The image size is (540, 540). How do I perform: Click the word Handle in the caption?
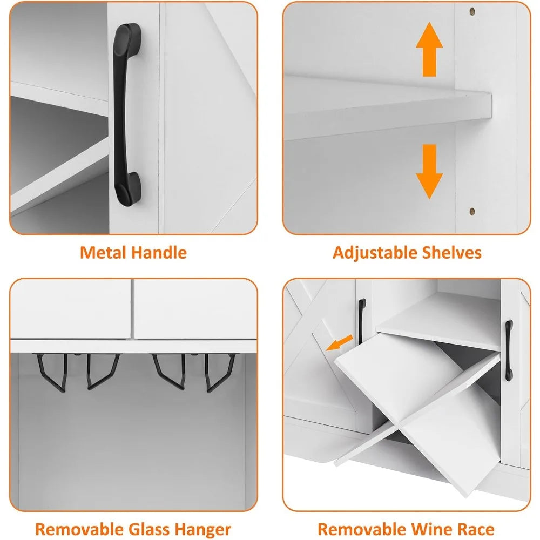160,252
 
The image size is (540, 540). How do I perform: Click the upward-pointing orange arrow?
429,49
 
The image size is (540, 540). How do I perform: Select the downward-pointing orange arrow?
429,171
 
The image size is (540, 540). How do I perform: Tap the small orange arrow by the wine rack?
340,343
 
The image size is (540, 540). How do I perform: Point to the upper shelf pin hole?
473,11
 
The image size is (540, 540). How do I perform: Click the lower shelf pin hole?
472,211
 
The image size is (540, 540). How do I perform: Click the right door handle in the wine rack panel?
509,350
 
